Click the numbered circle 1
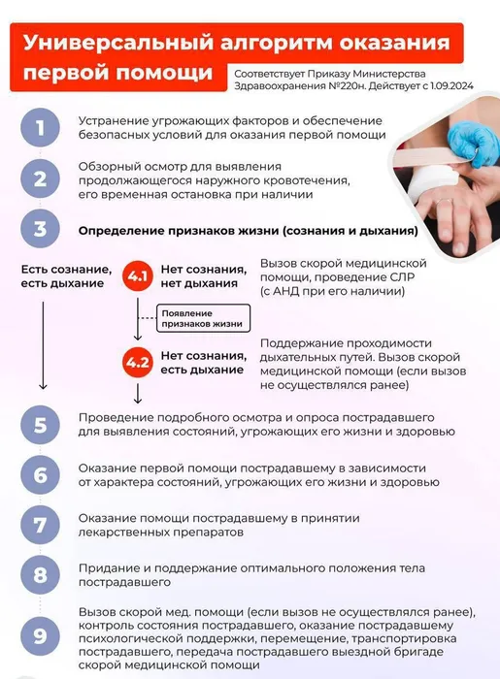pyautogui.click(x=41, y=128)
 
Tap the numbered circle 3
pyautogui.click(x=41, y=229)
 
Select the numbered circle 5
pyautogui.click(x=41, y=425)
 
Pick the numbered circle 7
pyautogui.click(x=41, y=525)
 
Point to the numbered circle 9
pyautogui.click(x=41, y=635)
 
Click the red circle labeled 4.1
pyautogui.click(x=138, y=275)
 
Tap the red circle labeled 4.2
pyautogui.click(x=138, y=362)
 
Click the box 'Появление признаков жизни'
pyautogui.click(x=203, y=318)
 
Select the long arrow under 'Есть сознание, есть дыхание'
pyautogui.click(x=43, y=345)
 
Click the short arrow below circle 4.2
pyautogui.click(x=138, y=394)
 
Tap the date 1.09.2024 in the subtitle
pyautogui.click(x=451, y=85)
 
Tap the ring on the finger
pyautogui.click(x=445, y=202)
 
